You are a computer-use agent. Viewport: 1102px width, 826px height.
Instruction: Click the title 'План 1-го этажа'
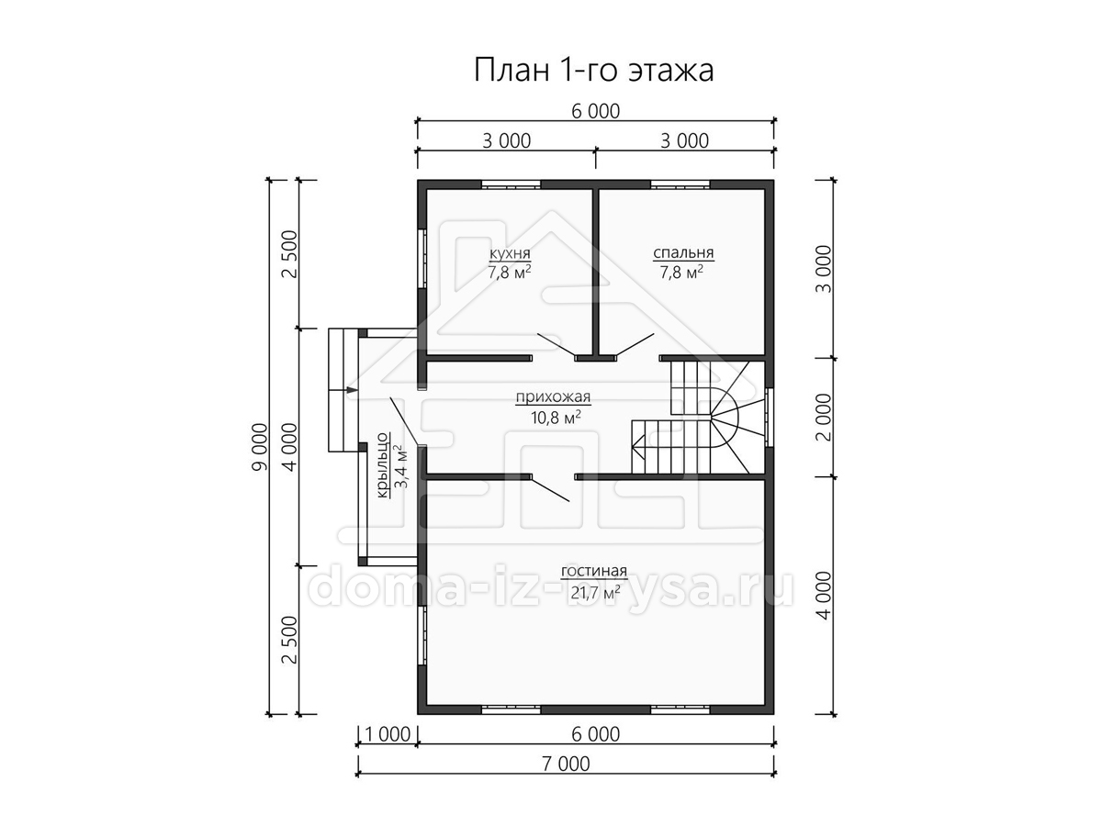593,71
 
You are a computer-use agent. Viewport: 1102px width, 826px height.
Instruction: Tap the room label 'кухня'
510,254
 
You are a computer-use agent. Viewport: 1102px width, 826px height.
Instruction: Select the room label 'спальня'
683,253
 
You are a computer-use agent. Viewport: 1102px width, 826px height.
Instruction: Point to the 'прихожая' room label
553,397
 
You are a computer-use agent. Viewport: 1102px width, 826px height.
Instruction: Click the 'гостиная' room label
594,571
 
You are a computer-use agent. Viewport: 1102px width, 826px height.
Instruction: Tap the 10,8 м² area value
556,418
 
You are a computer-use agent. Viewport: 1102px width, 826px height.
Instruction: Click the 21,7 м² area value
595,593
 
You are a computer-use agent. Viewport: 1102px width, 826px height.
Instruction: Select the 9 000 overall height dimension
261,447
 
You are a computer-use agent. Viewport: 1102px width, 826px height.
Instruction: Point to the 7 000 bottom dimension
566,764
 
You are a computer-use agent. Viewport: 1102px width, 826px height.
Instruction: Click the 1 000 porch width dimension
388,734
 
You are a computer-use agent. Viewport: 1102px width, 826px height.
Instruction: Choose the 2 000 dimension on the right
824,418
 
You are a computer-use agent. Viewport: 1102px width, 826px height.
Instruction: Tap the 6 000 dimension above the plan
595,111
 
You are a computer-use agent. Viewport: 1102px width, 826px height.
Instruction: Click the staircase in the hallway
698,418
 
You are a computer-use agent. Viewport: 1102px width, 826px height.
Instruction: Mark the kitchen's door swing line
557,346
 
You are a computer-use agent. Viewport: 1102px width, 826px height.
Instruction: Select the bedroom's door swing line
635,346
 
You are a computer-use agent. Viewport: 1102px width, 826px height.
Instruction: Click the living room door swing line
550,489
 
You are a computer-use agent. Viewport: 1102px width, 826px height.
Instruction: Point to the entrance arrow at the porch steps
352,390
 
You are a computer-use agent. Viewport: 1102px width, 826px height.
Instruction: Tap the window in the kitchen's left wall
422,260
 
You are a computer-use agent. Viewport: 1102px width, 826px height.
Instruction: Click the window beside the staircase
770,418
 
